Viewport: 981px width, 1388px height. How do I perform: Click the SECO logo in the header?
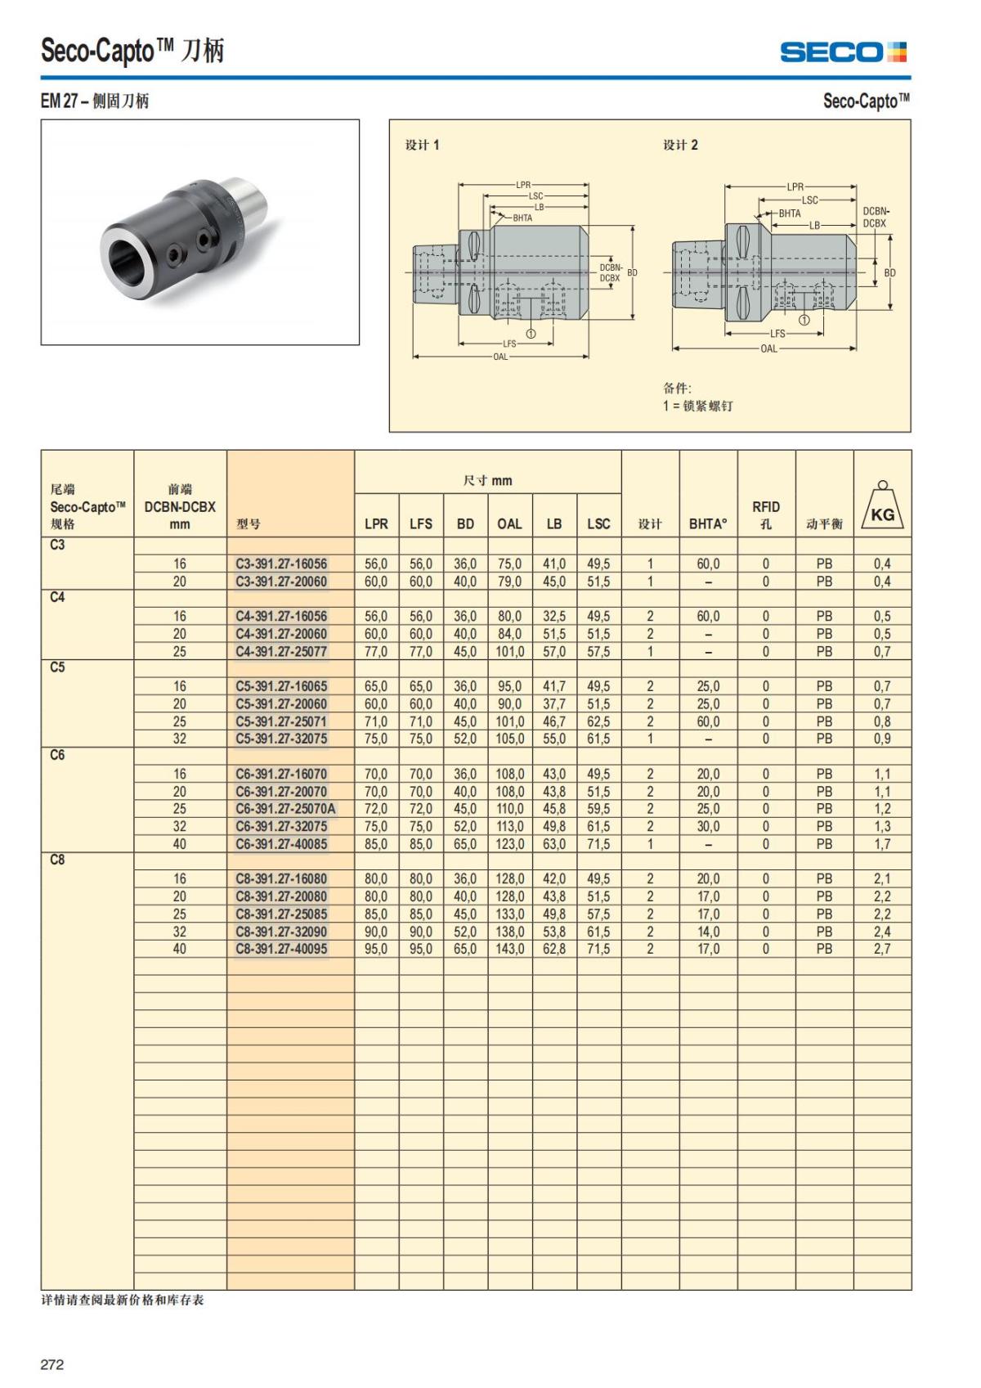click(843, 52)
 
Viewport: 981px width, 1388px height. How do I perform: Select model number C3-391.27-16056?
click(281, 564)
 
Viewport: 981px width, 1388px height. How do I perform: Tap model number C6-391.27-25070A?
click(285, 809)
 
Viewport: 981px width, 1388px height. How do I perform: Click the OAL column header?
click(509, 523)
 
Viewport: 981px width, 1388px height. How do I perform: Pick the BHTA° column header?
click(708, 523)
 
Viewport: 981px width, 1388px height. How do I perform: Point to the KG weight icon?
click(882, 509)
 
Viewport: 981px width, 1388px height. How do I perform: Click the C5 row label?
click(57, 667)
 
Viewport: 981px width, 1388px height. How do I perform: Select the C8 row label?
click(57, 860)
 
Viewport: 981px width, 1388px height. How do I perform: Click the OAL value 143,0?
click(509, 949)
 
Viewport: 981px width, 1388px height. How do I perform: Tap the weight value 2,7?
click(882, 949)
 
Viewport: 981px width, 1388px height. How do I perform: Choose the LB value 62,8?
click(554, 949)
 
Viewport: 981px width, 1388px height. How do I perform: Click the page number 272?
click(52, 1364)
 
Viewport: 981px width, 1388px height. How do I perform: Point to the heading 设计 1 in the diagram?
click(422, 145)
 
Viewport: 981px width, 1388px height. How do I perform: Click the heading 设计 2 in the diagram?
click(680, 145)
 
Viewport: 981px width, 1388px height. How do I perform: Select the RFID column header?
click(766, 514)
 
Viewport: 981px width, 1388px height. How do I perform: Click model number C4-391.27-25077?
click(281, 652)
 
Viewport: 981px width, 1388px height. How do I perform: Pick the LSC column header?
click(598, 523)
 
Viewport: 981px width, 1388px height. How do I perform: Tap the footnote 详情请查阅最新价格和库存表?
click(123, 1300)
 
